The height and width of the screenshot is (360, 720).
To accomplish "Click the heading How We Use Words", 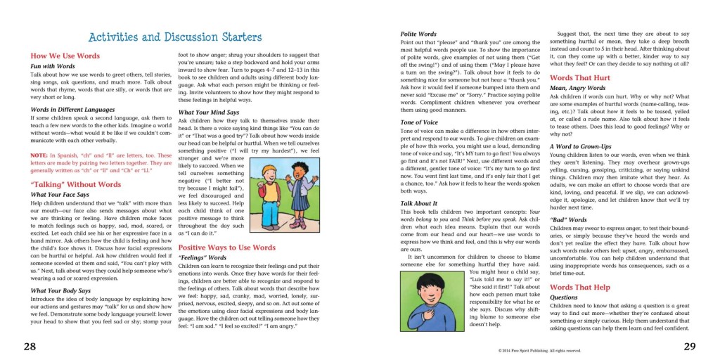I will [x=65, y=56].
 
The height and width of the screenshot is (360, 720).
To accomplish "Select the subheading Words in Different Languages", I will [x=72, y=110].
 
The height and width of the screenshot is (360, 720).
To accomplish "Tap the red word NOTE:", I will [x=39, y=155].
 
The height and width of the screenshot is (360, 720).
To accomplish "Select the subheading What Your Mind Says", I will [x=209, y=112].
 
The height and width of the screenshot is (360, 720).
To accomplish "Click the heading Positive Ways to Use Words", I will [x=226, y=247].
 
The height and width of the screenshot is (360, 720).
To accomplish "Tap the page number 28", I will [x=30, y=346].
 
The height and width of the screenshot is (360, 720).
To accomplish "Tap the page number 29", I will [x=690, y=346].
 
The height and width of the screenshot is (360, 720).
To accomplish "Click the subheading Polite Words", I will [x=418, y=34].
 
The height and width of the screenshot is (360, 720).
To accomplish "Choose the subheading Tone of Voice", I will [x=420, y=122].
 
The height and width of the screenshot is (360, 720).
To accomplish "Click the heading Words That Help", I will [x=580, y=287].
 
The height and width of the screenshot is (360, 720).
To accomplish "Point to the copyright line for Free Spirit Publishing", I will [x=539, y=349].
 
